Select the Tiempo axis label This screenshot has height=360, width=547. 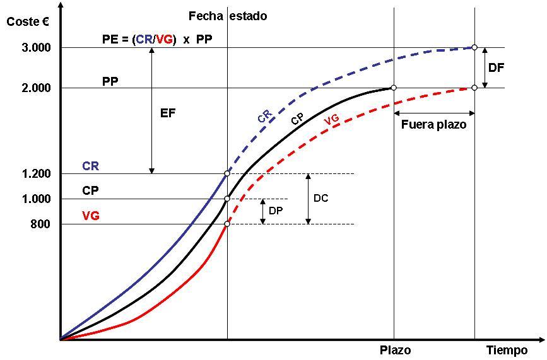507,351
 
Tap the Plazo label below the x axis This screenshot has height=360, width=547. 396,351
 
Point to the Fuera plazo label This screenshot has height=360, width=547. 433,125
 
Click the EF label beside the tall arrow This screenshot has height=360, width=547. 167,113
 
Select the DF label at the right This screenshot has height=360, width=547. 497,67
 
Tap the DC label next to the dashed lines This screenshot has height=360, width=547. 321,198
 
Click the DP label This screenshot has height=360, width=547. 276,211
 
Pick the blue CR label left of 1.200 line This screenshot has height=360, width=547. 90,167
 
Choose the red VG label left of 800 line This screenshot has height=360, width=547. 90,216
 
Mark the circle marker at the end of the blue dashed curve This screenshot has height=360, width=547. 474,47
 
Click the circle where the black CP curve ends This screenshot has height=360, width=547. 394,88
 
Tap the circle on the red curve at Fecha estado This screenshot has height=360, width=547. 227,224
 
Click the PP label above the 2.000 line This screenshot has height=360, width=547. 110,81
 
